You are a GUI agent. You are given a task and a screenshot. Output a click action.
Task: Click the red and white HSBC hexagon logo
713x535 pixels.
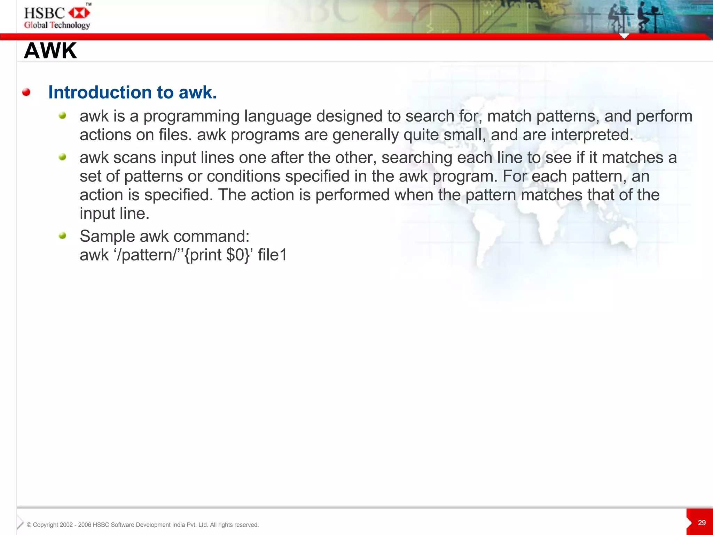tap(79, 13)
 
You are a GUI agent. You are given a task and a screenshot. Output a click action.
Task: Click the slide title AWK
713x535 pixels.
tap(50, 51)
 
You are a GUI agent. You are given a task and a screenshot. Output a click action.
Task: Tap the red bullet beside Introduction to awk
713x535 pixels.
tap(26, 92)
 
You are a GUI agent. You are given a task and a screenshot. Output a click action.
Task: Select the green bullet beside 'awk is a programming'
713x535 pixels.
tap(62, 116)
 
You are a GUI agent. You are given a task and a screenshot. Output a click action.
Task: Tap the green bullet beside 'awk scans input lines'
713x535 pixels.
tap(62, 157)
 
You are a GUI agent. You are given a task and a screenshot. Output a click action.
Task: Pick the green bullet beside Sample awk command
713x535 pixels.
tap(62, 236)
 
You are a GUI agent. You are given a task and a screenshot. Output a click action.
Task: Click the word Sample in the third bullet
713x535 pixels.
tap(107, 237)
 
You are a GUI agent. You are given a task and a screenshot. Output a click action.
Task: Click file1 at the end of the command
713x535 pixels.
tap(272, 255)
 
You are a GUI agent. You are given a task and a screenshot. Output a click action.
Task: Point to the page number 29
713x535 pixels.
tap(702, 523)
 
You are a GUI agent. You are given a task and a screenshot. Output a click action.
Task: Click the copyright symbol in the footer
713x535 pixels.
tap(29, 525)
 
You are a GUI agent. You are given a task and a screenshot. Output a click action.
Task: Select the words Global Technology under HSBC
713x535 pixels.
tap(57, 25)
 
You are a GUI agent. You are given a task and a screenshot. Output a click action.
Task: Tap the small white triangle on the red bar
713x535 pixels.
tap(624, 36)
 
